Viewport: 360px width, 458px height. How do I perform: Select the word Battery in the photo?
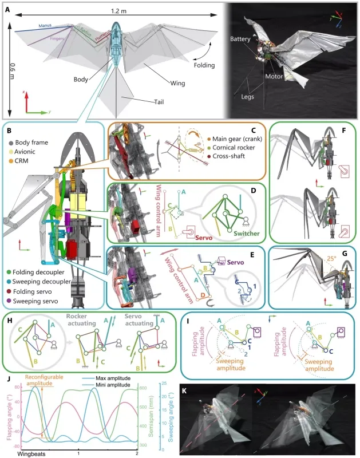click(x=239, y=42)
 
